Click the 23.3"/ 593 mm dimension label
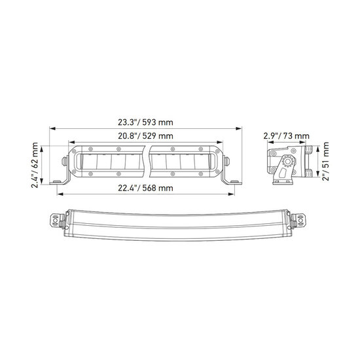[145, 122]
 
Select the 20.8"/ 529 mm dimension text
[145, 136]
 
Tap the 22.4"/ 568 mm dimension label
[145, 189]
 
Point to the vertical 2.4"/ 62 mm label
[35, 165]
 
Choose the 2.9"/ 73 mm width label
[286, 136]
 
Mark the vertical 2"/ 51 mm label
[325, 161]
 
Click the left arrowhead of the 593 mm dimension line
[52, 128]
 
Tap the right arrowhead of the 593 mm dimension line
[239, 128]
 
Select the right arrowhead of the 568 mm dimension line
[232, 194]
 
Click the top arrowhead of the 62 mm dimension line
[41, 149]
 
